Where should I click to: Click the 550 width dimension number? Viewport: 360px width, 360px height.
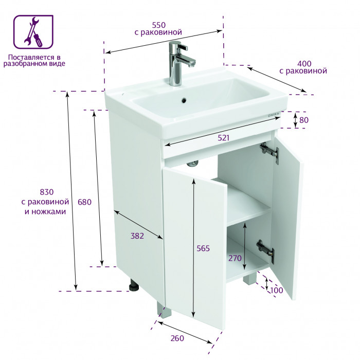coord(158,25)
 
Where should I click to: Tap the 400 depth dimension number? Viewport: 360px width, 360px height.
coord(304,63)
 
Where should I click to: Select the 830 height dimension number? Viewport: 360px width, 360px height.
coord(47,192)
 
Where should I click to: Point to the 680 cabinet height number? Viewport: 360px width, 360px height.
coord(84,202)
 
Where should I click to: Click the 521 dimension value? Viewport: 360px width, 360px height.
coord(223,138)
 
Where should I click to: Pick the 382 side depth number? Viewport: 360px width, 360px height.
coord(137,236)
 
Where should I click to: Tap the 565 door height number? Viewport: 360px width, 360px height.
coord(203,248)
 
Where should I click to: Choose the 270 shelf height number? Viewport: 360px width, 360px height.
coord(235,258)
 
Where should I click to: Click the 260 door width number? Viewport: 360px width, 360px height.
coord(177,338)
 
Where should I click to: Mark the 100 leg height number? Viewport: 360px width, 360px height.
coord(277,290)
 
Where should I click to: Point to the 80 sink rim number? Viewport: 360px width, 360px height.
coord(304,120)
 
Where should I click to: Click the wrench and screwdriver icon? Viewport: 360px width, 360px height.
coord(33,32)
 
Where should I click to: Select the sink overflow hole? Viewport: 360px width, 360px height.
coord(184,100)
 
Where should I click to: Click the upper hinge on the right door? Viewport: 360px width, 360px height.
coord(270,152)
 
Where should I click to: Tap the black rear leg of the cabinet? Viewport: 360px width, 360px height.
coord(134,285)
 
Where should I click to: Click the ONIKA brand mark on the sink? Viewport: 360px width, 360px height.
coord(274,115)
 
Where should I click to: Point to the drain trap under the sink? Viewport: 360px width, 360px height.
coord(192,163)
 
